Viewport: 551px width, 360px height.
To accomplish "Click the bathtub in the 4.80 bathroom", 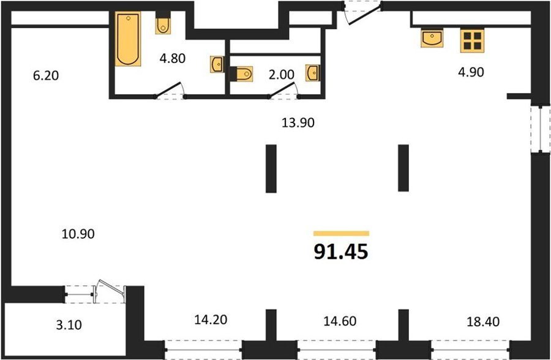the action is [128, 39].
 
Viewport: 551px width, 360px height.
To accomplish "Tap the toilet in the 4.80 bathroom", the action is [163, 23].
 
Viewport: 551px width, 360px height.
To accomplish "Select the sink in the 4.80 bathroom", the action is [217, 64].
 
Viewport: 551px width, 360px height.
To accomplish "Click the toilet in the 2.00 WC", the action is [241, 74].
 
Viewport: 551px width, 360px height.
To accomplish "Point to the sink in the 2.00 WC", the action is [312, 73].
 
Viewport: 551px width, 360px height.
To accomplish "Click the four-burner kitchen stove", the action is [472, 41].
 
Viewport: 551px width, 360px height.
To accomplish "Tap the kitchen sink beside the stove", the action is [432, 38].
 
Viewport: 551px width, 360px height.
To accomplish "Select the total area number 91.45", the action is [341, 252].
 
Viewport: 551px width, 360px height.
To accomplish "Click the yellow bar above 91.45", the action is [341, 233].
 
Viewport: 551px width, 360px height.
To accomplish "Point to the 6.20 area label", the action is [46, 75].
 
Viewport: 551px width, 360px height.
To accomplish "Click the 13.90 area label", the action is [298, 122].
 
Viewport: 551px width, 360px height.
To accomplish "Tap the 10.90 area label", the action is [78, 233].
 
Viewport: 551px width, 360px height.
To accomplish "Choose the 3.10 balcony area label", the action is [69, 324].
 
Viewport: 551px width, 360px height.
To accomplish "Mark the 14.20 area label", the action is [211, 320].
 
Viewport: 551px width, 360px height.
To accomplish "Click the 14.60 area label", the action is [340, 321].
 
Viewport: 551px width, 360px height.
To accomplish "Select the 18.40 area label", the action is [483, 321].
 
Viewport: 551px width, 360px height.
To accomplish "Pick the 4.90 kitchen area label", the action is [471, 72].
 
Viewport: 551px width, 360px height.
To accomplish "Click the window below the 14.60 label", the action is [337, 350].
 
